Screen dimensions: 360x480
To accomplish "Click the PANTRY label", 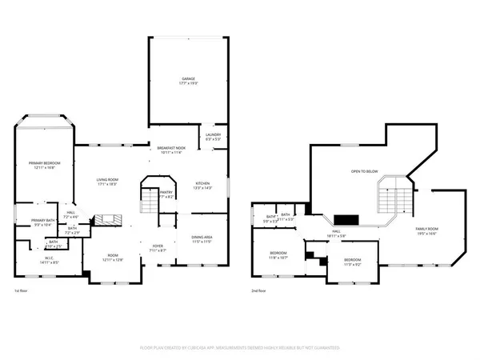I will click(x=166, y=193).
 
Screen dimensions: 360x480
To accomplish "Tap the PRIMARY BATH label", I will click(x=42, y=222).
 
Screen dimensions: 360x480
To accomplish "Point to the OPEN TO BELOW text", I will click(x=364, y=171).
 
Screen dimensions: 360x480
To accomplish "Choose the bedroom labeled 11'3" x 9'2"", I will click(x=353, y=262).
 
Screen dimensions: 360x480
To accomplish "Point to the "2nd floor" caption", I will click(x=262, y=290).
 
